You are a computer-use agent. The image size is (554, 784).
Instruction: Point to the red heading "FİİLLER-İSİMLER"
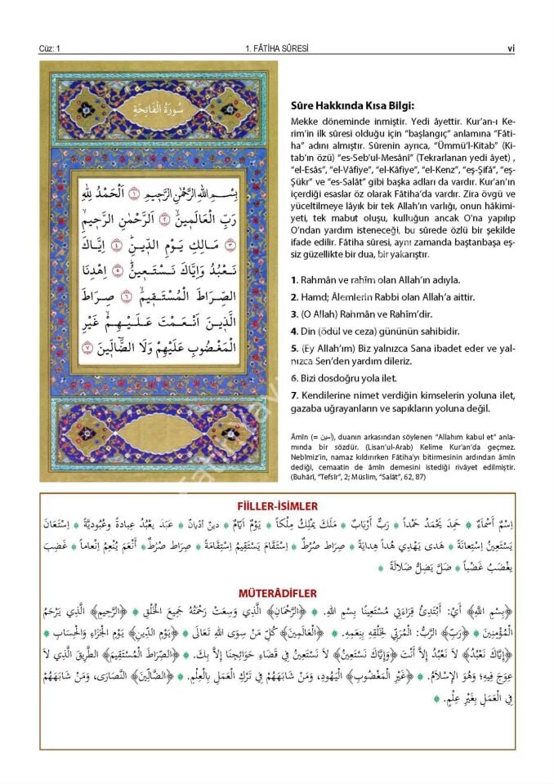click(x=276, y=506)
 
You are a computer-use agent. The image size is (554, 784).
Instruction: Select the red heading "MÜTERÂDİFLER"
click(x=276, y=592)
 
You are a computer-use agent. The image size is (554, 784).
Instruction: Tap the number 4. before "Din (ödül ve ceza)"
click(x=293, y=332)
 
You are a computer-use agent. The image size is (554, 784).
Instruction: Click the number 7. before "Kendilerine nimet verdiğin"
click(x=293, y=396)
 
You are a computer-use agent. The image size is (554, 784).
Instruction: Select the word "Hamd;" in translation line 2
click(x=315, y=297)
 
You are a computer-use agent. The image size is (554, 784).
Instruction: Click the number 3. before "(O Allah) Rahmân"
click(x=293, y=314)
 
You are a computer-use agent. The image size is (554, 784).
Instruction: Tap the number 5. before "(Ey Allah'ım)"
click(x=293, y=349)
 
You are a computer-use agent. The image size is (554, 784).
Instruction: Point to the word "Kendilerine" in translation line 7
click(x=326, y=396)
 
